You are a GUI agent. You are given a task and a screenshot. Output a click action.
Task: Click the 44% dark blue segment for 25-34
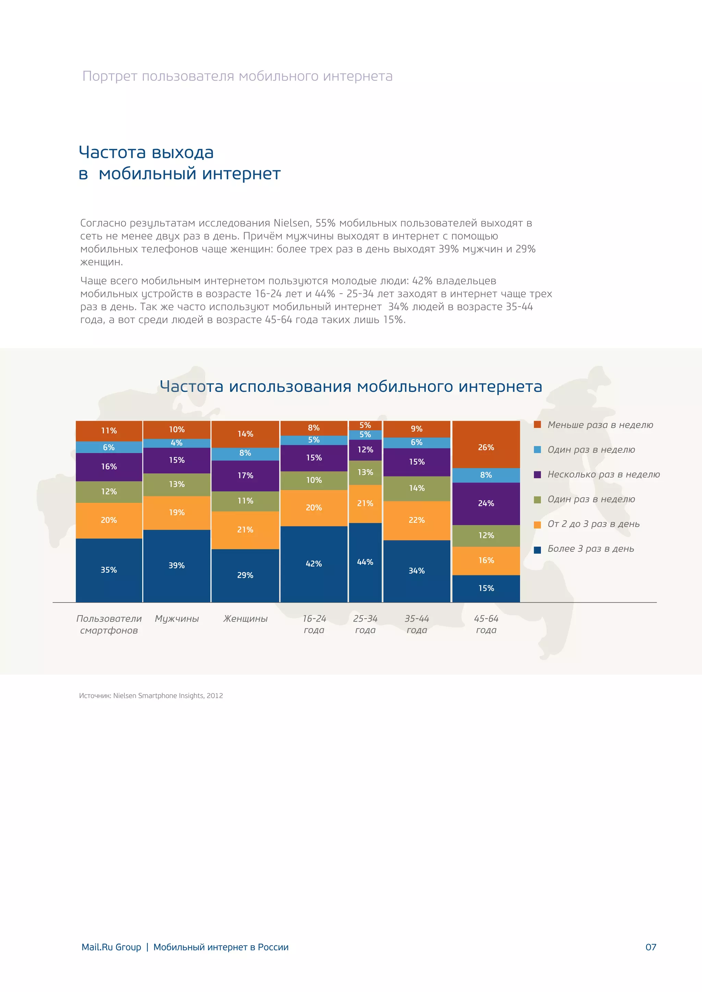[x=365, y=562]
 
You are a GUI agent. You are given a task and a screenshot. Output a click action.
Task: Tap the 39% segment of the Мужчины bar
[x=177, y=566]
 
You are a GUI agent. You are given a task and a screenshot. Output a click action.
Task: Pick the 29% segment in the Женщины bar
[x=245, y=575]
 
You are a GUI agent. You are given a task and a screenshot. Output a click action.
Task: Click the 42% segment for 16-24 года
[x=314, y=564]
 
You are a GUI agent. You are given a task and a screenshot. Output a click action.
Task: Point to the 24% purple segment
[x=486, y=503]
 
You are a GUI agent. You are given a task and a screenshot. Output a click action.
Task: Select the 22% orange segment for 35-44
[x=417, y=520]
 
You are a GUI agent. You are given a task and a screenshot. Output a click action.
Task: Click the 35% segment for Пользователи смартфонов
[x=109, y=570]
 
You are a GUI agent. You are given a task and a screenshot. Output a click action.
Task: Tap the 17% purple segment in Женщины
[x=245, y=475]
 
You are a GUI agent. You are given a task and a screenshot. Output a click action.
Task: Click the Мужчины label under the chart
[x=177, y=619]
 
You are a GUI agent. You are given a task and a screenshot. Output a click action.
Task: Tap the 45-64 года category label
[x=486, y=624]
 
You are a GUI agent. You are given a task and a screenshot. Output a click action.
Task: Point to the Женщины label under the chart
[x=245, y=619]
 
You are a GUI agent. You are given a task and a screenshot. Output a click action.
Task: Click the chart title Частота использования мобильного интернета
[x=351, y=386]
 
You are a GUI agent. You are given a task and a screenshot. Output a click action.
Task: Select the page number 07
[x=651, y=947]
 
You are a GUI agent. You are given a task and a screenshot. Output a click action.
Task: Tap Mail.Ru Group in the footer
[x=111, y=947]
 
